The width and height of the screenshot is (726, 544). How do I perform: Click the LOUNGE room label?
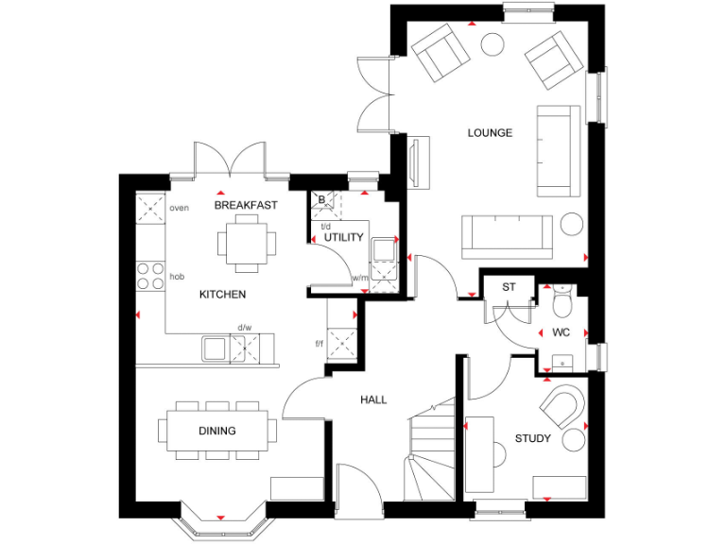point(490,133)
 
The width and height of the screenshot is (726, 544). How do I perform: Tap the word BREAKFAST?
point(246,205)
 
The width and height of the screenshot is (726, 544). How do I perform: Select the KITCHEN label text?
point(222,295)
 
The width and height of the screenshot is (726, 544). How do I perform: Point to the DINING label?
point(217,431)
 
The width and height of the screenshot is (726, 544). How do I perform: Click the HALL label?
point(373,400)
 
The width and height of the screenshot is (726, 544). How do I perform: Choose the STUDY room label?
point(532,438)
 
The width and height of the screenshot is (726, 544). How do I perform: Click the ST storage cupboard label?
point(509,287)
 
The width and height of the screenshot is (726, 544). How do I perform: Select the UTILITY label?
point(343,237)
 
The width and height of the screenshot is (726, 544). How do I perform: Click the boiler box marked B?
point(322,199)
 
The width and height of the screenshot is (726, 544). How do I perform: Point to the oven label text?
point(179,208)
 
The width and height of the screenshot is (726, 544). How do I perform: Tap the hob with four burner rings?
point(150,275)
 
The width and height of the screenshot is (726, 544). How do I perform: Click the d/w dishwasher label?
point(244,328)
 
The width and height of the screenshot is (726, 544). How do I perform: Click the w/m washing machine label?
point(359,278)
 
